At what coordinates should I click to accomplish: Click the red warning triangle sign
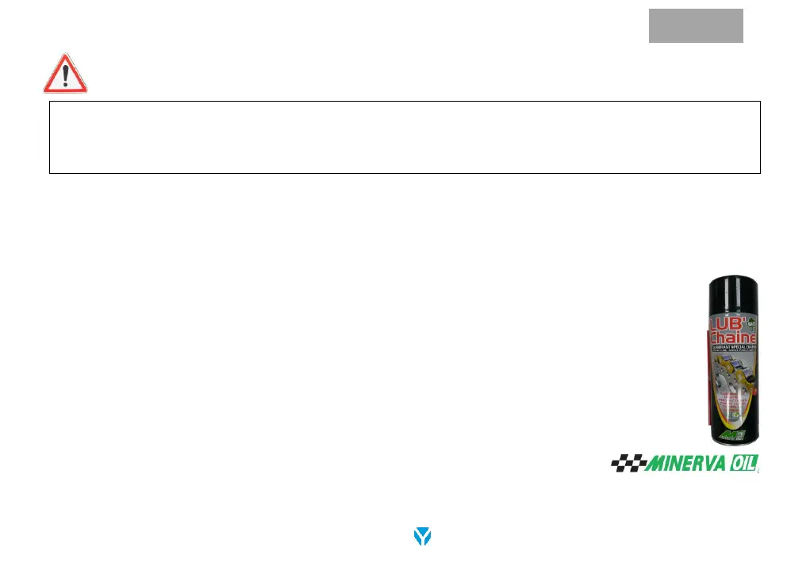pyautogui.click(x=66, y=75)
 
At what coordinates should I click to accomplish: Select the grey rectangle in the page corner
pyautogui.click(x=696, y=25)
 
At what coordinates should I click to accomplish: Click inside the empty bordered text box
pyautogui.click(x=405, y=137)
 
